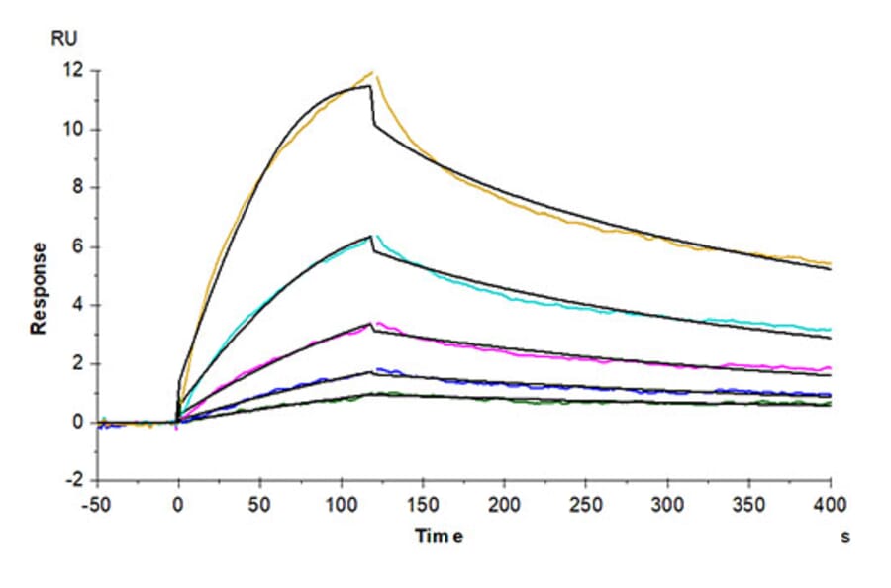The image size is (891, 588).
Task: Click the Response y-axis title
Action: tap(39, 288)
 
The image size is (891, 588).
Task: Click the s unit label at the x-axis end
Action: tap(845, 536)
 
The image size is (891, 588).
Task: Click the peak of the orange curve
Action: tap(373, 71)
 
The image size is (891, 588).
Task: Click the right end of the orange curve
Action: tap(830, 263)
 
